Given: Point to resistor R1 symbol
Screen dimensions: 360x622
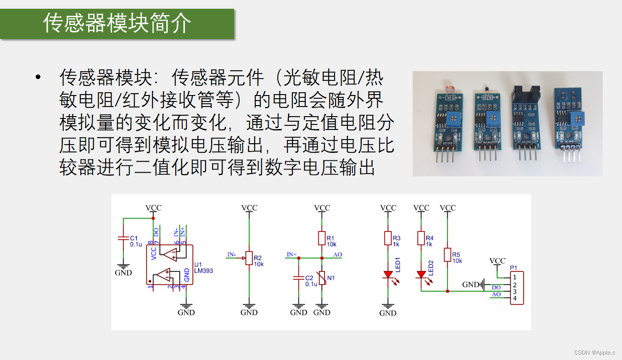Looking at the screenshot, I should (x=322, y=238).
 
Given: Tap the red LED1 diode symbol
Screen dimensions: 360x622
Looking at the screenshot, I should (x=388, y=275).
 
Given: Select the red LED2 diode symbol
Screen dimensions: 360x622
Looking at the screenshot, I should (x=421, y=275).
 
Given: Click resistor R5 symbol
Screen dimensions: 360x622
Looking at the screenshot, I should (x=448, y=255).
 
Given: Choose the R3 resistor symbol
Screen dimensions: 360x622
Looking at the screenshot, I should (x=388, y=238).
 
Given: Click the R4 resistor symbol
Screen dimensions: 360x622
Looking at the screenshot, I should (x=421, y=238).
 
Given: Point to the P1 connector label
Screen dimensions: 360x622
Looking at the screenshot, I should (x=513, y=268).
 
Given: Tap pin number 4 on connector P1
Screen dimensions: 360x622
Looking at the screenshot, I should (x=515, y=299).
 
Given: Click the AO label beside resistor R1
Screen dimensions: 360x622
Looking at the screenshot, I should (x=337, y=255).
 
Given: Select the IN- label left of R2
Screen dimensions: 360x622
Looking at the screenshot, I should (x=232, y=254).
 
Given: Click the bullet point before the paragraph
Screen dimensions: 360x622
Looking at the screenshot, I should (x=38, y=77).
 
